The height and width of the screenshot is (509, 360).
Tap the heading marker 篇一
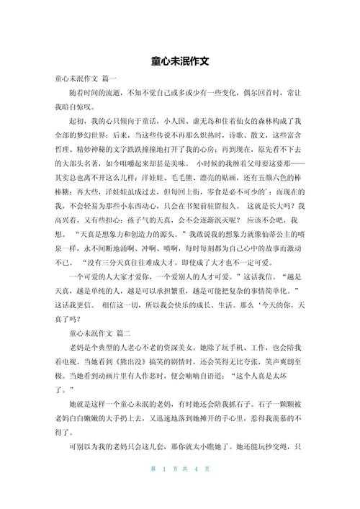(110, 78)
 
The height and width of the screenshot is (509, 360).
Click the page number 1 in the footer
(165, 490)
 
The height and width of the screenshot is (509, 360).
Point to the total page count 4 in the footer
(196, 490)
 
